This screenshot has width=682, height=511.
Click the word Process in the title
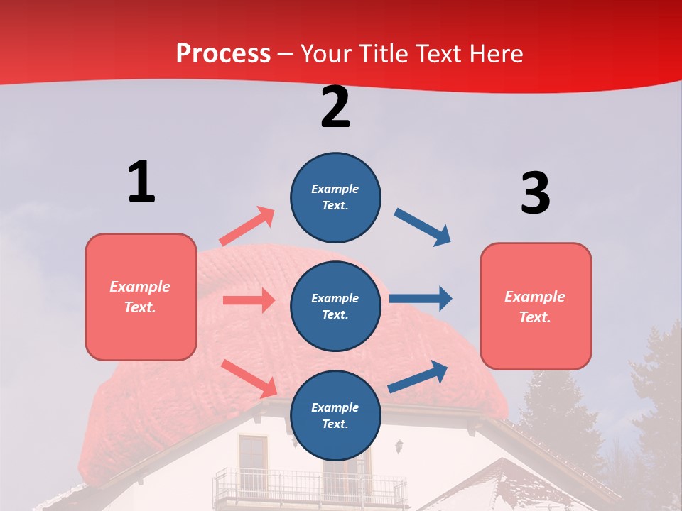(x=223, y=53)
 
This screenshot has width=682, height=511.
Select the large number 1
(x=141, y=182)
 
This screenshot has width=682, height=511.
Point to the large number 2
(x=335, y=107)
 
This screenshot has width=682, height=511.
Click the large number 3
(x=535, y=194)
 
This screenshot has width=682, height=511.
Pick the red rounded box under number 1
(x=141, y=297)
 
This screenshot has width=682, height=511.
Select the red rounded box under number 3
(x=536, y=306)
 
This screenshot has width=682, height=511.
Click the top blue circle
(x=335, y=197)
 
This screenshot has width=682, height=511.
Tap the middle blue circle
(x=335, y=306)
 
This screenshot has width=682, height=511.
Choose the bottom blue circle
(x=335, y=415)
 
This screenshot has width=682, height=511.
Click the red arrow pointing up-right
(x=247, y=226)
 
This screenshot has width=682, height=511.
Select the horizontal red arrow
(x=249, y=300)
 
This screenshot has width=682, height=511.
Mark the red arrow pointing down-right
(x=249, y=378)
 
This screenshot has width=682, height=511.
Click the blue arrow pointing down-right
(x=423, y=227)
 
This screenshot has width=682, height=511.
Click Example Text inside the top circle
(x=335, y=197)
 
